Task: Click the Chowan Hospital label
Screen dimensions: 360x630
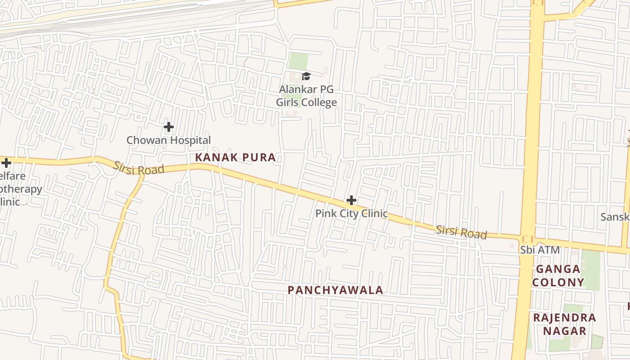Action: coord(168,140)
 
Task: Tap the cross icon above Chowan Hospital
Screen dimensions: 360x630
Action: coord(169,127)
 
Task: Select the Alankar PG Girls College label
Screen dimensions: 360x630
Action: coord(306,96)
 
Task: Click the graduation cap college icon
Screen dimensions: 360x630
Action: coord(306,76)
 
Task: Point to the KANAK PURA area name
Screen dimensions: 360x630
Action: coord(235,157)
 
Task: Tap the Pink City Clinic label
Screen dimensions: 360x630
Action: coord(351,213)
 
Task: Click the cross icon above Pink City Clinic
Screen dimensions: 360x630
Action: coord(351,200)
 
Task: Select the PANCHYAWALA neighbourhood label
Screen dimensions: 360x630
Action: coord(336,290)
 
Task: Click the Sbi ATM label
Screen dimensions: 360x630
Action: coord(540,250)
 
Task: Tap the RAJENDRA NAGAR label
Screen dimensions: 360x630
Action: coord(564,324)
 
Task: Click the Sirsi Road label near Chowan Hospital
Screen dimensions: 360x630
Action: coord(138,168)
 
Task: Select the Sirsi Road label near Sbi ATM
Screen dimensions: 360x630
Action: coord(461,232)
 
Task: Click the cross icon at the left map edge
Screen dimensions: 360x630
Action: coord(6,162)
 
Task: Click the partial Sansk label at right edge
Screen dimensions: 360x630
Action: coord(615,217)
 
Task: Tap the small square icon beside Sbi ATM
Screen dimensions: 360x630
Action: coord(512,246)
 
